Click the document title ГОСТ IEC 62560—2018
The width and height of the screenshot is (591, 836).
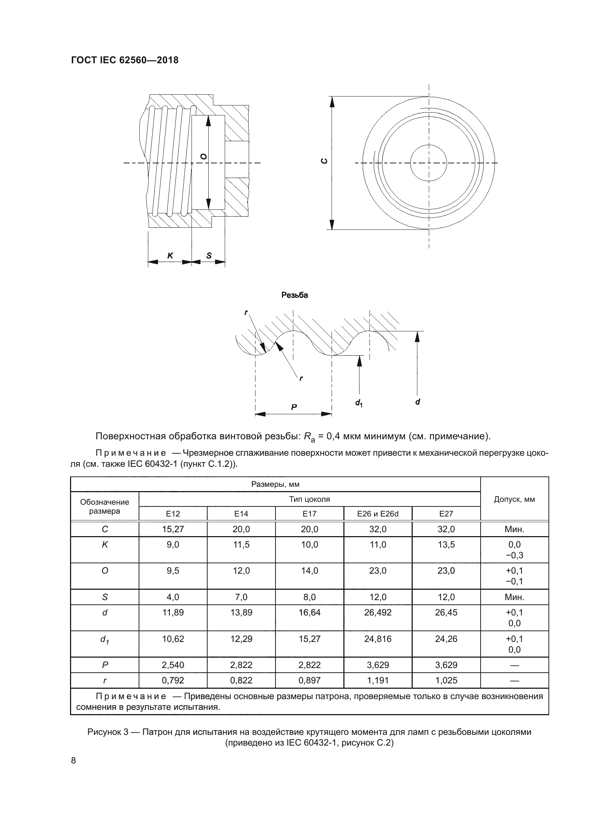(x=125, y=60)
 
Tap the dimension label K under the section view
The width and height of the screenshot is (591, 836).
(x=170, y=256)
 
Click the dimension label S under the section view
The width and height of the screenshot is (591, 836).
(x=209, y=256)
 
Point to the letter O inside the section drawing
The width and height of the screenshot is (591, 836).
(x=204, y=157)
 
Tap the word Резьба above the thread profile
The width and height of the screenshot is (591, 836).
(x=294, y=295)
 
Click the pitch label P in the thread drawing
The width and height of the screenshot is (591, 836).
(x=294, y=407)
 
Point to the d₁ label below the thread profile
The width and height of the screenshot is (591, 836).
(x=359, y=403)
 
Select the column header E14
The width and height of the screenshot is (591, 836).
(x=241, y=514)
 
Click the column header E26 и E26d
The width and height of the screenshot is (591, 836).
(x=378, y=514)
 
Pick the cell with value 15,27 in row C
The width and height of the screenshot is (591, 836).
(x=173, y=529)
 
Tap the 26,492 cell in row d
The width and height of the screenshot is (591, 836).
(x=378, y=613)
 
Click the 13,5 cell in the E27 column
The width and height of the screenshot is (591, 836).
(x=446, y=545)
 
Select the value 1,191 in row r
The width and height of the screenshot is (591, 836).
(x=378, y=680)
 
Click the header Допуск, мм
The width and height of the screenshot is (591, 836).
(x=514, y=499)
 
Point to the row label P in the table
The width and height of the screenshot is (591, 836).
(x=105, y=665)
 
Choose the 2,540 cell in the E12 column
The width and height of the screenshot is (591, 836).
(x=173, y=665)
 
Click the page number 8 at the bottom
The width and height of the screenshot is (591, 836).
(x=74, y=761)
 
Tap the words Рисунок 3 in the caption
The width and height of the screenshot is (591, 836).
(x=108, y=732)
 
